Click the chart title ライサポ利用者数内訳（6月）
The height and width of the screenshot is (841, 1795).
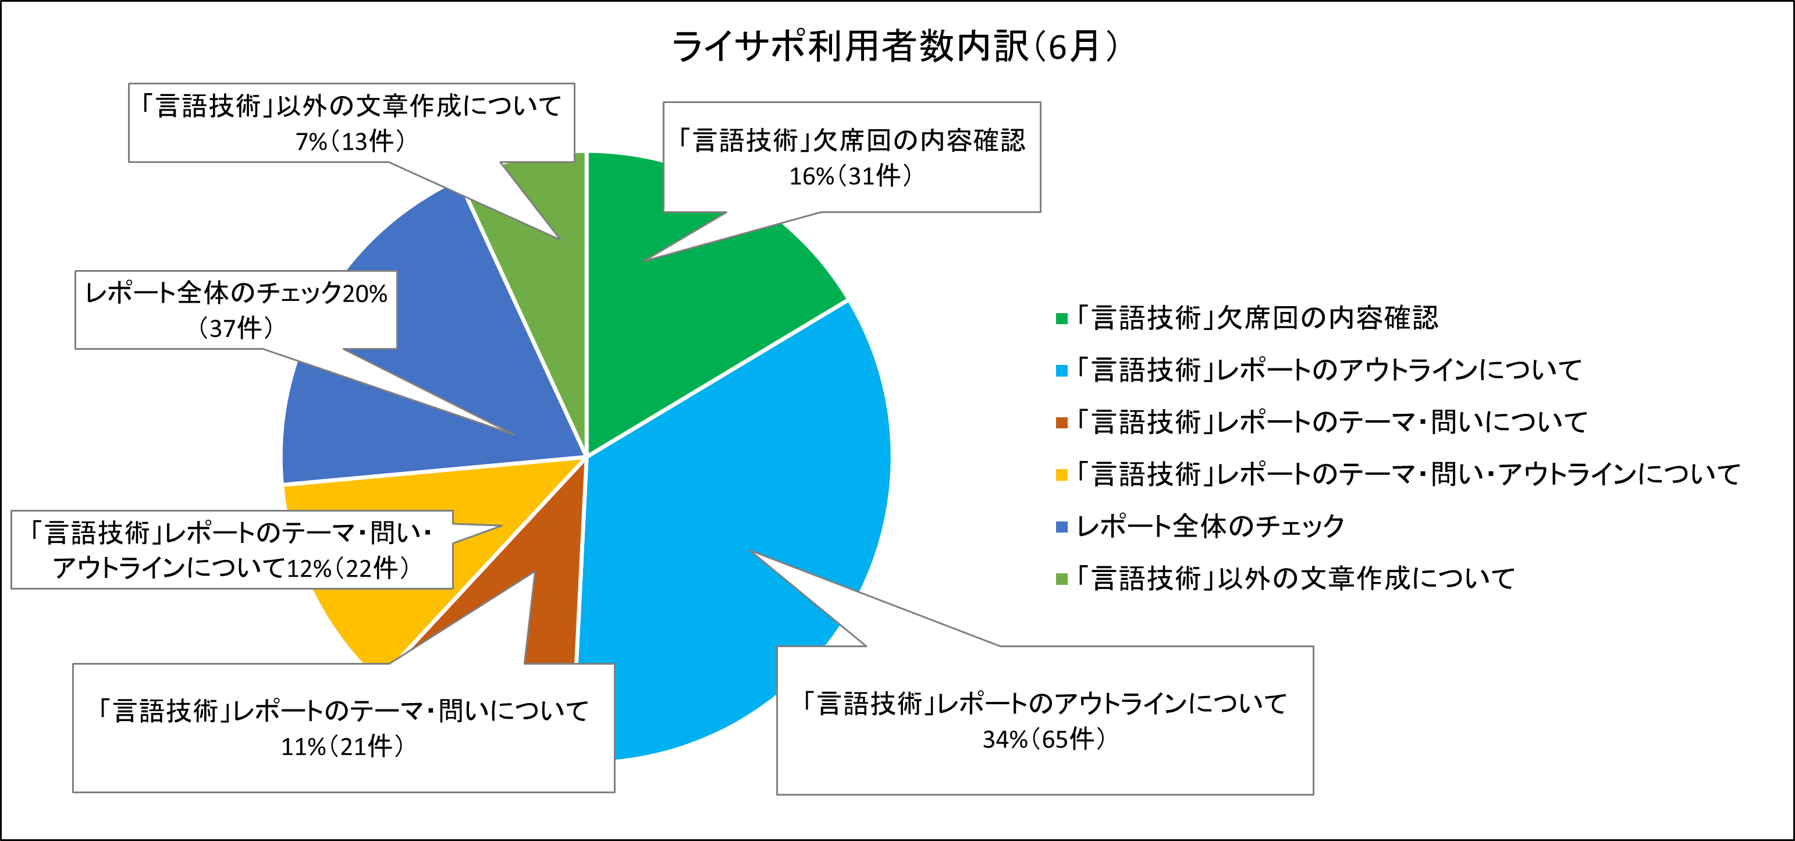(895, 46)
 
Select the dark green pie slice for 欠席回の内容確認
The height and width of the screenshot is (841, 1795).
(697, 314)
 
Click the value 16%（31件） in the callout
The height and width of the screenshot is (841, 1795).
(850, 176)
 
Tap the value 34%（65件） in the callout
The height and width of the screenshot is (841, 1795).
(1044, 739)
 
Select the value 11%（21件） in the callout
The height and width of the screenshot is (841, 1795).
(342, 746)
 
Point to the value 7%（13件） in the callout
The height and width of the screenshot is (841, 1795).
(350, 141)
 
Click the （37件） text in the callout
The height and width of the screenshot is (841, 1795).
(236, 328)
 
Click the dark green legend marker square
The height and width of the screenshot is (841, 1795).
(1061, 318)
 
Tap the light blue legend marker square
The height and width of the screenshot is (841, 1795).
(1061, 371)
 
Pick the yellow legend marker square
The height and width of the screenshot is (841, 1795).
(1061, 475)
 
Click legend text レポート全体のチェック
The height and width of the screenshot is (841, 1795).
(1210, 527)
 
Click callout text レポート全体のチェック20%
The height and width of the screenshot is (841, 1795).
(236, 293)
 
